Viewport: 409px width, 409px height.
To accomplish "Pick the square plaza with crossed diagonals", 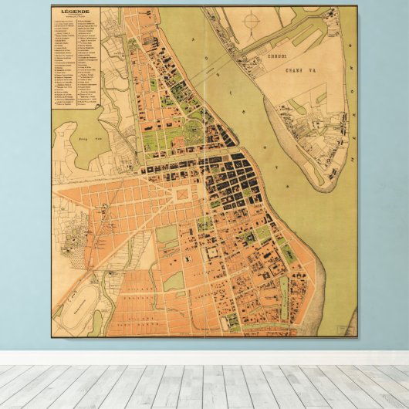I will (182, 194).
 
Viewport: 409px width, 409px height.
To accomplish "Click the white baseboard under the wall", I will (204, 358).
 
